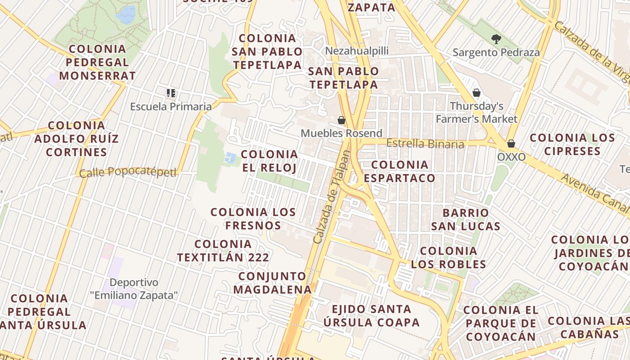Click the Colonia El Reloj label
pyautogui.click(x=269, y=161)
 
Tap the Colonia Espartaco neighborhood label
pyautogui.click(x=400, y=171)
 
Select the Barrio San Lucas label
pyautogui.click(x=466, y=219)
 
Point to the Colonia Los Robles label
pyautogui.click(x=449, y=257)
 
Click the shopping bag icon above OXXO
pyautogui.click(x=511, y=144)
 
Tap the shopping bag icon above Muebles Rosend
pyautogui.click(x=342, y=120)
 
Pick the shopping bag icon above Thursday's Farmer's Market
pyautogui.click(x=477, y=93)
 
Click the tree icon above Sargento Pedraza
pyautogui.click(x=496, y=39)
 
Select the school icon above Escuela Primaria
pyautogui.click(x=171, y=93)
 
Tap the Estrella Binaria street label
pyautogui.click(x=425, y=144)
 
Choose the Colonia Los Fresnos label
pyautogui.click(x=253, y=218)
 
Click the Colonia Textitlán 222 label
pyautogui.click(x=223, y=251)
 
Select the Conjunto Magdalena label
pyautogui.click(x=272, y=283)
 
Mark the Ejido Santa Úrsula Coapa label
pyautogui.click(x=371, y=315)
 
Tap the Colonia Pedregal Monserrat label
pyautogui.click(x=97, y=62)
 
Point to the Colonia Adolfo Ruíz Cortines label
pyautogui.click(x=76, y=139)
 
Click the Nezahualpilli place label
pyautogui.click(x=357, y=50)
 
